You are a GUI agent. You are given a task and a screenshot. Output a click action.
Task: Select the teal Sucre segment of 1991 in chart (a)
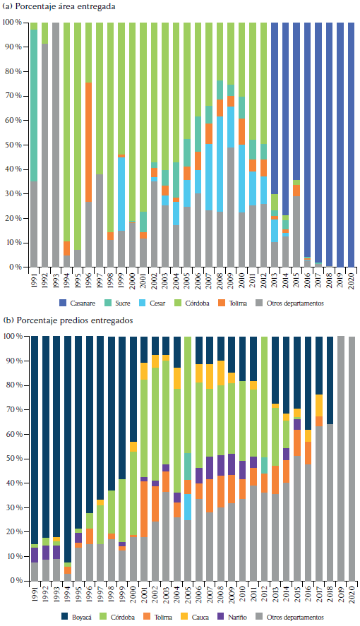click(34, 106)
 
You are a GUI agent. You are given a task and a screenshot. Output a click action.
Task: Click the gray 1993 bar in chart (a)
click(56, 145)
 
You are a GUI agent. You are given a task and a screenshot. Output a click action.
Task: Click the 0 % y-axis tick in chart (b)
click(15, 581)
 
